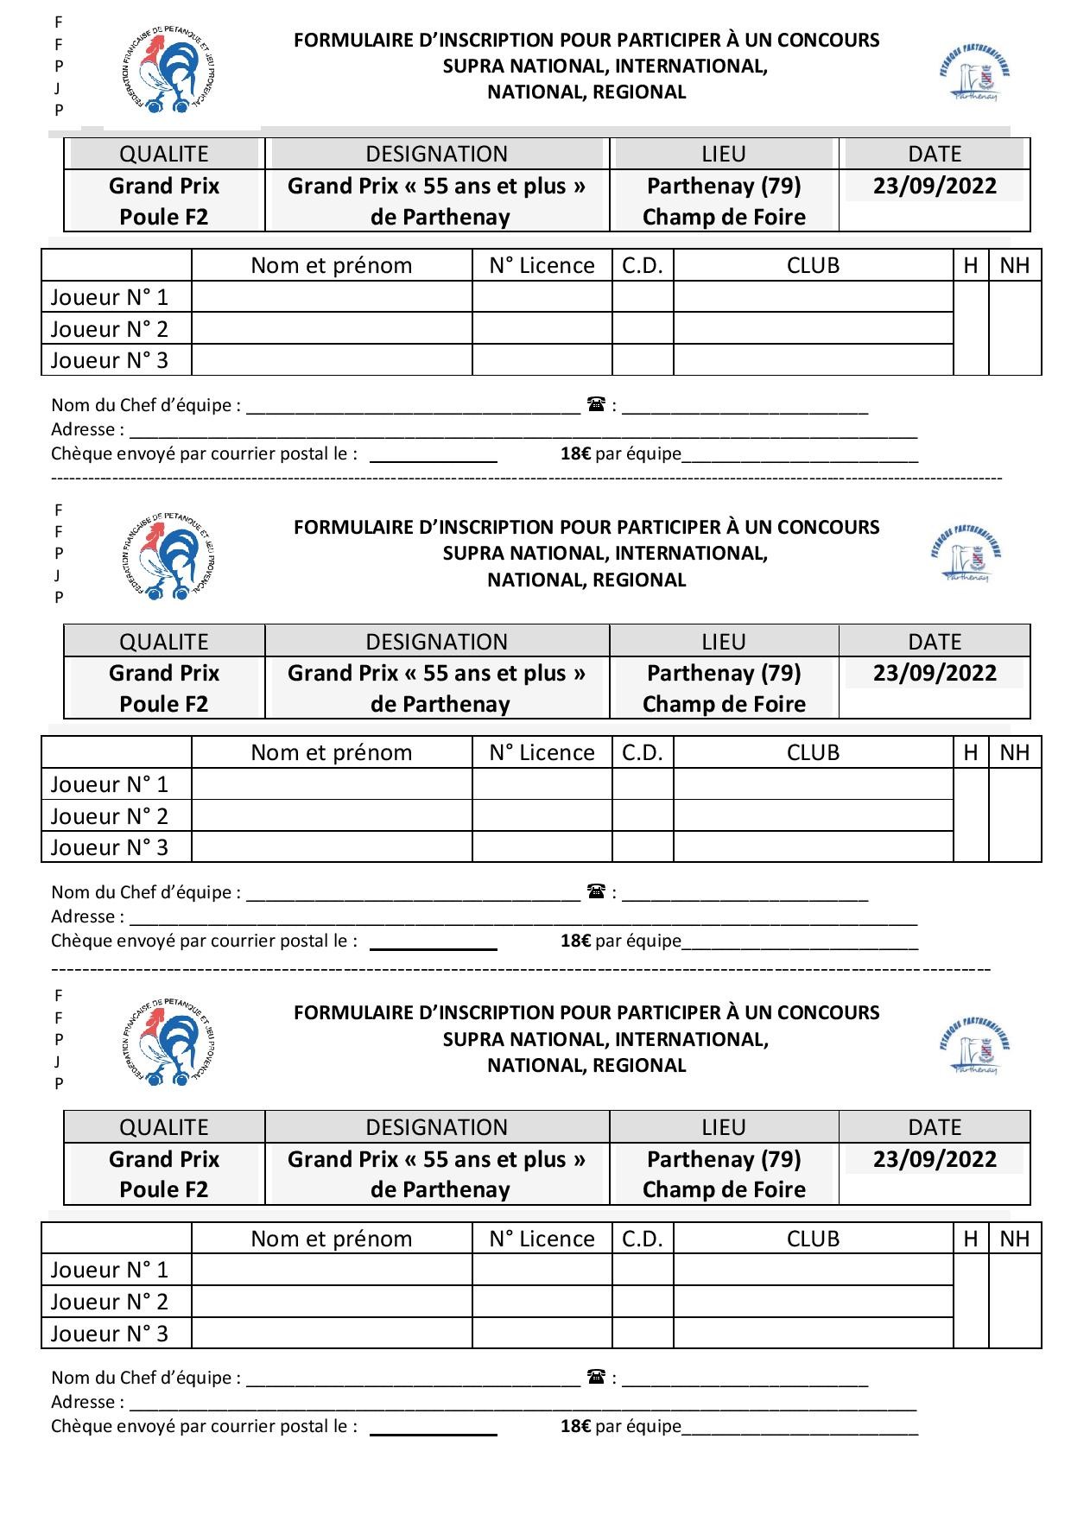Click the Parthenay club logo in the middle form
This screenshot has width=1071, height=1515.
coord(968,553)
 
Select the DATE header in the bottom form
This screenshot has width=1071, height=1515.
coord(935,1127)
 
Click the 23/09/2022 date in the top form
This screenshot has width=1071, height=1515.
coord(935,186)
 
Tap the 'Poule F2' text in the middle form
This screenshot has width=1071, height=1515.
coord(164,704)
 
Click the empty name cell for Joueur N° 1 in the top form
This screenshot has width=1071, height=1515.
coord(332,297)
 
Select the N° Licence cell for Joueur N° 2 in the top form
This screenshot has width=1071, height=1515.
coord(542,328)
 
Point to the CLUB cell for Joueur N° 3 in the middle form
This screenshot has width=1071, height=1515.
coord(813,846)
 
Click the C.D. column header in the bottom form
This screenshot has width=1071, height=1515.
coord(642,1239)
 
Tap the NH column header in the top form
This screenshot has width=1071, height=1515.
coord(1014,265)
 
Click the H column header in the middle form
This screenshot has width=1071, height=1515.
coord(970,752)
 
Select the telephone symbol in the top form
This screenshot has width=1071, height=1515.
coord(596,404)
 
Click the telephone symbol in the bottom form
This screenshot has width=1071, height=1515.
coord(596,1377)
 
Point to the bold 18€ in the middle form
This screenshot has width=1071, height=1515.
coord(575,941)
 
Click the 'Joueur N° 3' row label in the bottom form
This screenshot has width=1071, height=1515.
coord(110,1333)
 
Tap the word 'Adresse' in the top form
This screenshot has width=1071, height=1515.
coord(83,429)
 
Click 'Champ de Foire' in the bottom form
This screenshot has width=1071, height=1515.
coord(724,1189)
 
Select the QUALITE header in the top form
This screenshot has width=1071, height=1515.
coord(164,154)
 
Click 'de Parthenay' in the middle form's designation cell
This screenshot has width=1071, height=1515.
coord(440,704)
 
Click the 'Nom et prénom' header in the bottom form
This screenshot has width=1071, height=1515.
coord(332,1239)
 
